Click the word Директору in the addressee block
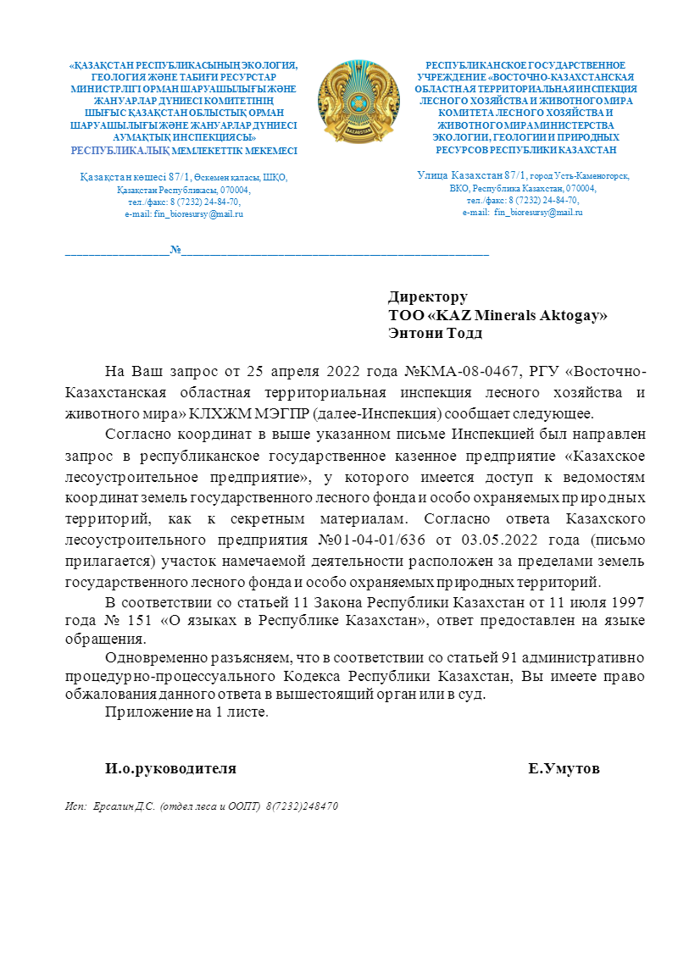[x=428, y=297]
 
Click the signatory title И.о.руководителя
[x=170, y=769]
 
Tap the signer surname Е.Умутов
[x=564, y=769]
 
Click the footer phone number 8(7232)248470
[x=303, y=806]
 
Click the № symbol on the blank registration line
[x=175, y=251]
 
